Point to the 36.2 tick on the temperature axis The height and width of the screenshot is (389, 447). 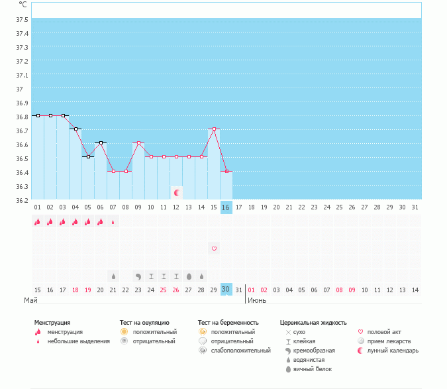point(23,200)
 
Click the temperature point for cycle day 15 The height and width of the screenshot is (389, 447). point(214,129)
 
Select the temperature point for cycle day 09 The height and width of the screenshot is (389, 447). point(138,143)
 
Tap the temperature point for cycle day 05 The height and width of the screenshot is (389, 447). point(88,157)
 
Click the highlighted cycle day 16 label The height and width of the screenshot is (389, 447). point(226,207)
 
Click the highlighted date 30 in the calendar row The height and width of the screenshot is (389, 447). point(226,290)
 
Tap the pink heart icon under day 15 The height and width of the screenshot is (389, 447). point(214,249)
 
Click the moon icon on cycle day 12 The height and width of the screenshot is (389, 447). point(177,193)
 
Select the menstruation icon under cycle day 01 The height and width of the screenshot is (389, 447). point(38,223)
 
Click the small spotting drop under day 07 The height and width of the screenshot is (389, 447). point(113,223)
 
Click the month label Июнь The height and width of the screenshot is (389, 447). point(258,300)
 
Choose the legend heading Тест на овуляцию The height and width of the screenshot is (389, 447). point(145,323)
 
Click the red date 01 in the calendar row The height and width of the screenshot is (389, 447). point(252,290)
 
